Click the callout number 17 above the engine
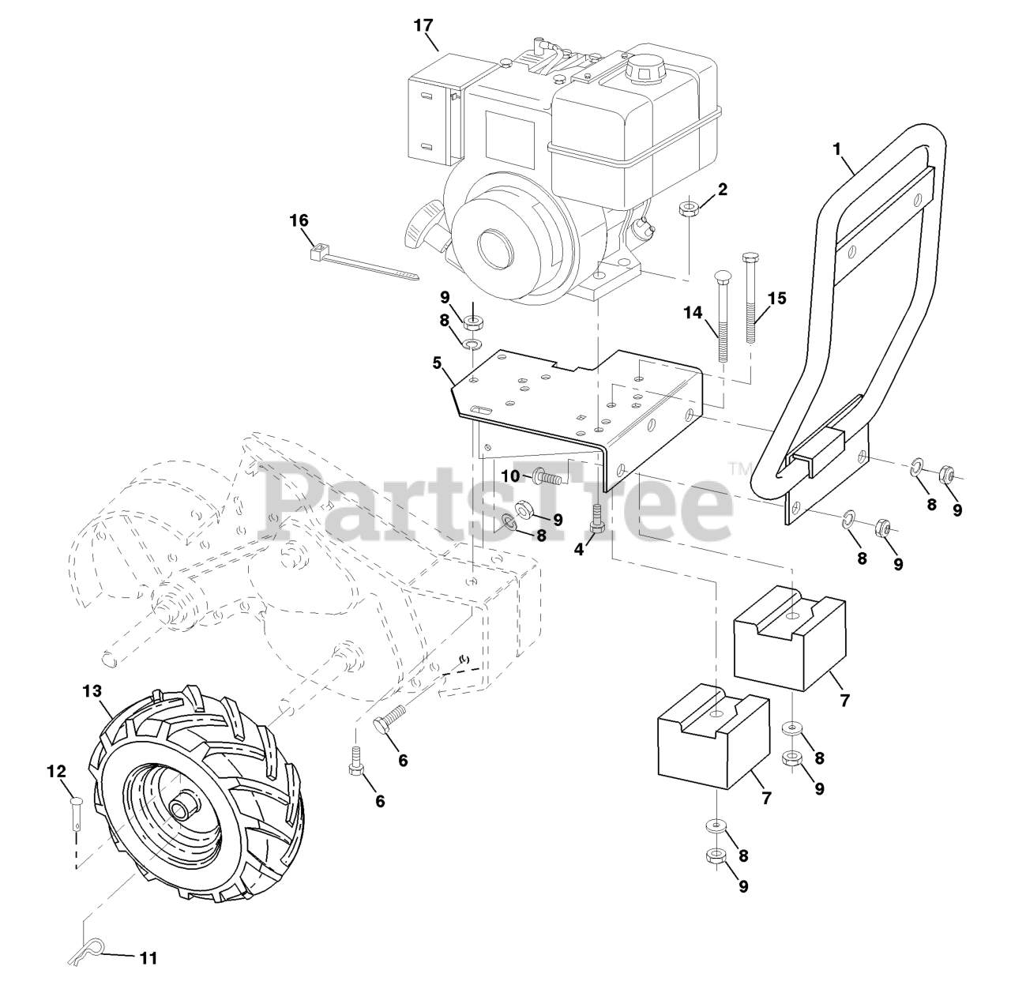pos(424,25)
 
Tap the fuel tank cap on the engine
pos(643,71)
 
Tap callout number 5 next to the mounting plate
pos(437,364)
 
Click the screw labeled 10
pos(548,478)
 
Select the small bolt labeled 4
pos(597,519)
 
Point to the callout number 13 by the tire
pos(92,691)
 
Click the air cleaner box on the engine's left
pos(435,110)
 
